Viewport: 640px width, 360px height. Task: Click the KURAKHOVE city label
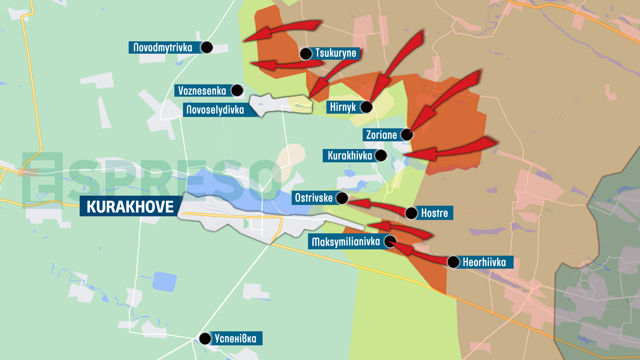point(130,206)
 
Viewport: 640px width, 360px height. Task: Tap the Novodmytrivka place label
point(163,47)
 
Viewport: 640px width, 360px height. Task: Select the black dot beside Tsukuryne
point(306,53)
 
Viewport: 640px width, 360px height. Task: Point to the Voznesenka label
point(202,91)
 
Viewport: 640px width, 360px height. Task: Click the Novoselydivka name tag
point(215,110)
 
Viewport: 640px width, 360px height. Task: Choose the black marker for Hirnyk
point(366,107)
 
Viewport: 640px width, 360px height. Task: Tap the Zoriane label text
point(382,135)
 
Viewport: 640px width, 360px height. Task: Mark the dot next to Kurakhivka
point(381,155)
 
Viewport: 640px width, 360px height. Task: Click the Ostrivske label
point(314,198)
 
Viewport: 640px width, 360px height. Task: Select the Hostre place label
point(434,213)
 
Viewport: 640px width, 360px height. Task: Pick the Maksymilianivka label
point(346,242)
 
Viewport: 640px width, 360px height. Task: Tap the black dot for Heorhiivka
point(453,262)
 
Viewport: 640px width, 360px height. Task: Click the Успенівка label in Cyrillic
point(235,338)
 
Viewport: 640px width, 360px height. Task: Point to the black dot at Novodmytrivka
point(207,47)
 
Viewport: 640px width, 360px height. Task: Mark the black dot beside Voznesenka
point(237,90)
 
